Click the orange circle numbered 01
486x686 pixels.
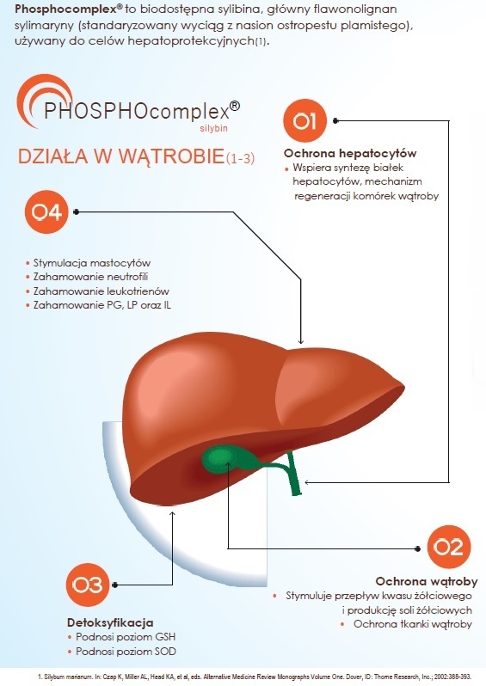305,120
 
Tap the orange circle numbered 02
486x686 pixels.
447,548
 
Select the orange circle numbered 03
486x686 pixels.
88,585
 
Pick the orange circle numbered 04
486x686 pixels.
46,211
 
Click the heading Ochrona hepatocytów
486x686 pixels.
350,153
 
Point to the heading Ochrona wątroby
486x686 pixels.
427,581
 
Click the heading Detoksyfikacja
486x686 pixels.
110,622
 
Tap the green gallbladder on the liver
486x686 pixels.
220,458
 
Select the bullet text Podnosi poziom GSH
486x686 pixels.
126,636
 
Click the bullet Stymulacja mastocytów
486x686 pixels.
92,263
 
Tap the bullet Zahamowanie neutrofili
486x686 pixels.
90,277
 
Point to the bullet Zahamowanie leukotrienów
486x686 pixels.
102,291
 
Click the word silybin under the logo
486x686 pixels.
213,129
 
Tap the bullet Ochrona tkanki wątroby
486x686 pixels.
412,624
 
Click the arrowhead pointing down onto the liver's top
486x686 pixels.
300,340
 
